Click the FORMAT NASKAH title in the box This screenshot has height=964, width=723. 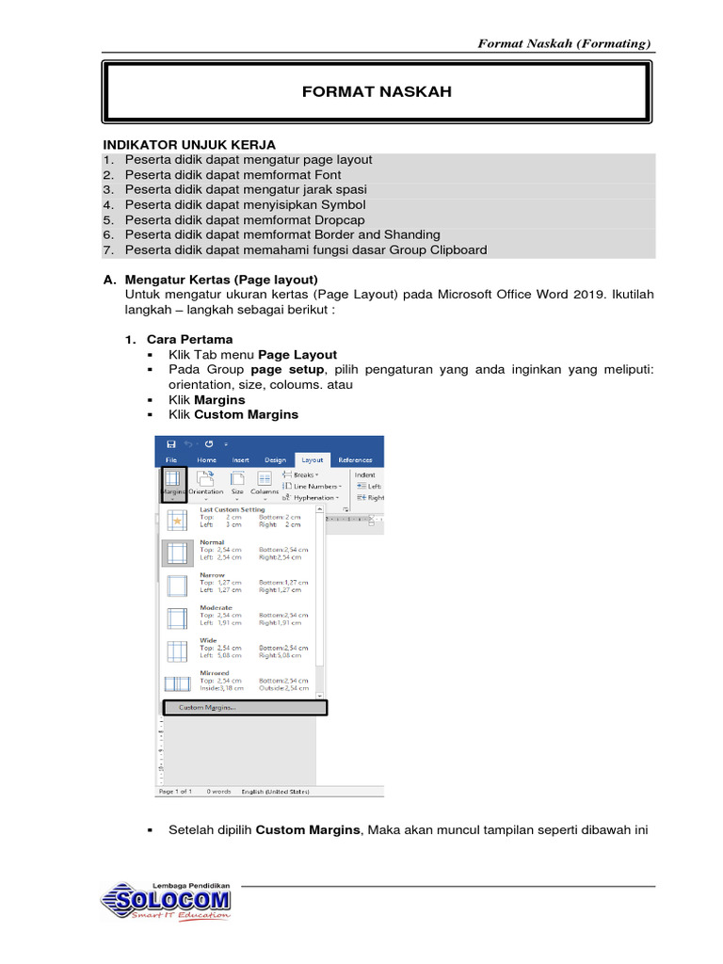pos(376,91)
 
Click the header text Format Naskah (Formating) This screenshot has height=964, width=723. pos(564,43)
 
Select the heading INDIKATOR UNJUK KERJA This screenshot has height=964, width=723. pos(188,144)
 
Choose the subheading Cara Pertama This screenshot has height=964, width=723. pos(189,339)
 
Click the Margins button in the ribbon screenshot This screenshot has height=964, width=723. pos(173,481)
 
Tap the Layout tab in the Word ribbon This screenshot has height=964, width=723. pos(311,459)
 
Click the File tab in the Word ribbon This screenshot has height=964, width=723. pos(171,459)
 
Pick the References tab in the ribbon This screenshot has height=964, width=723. pos(355,459)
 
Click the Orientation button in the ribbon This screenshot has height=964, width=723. pos(205,481)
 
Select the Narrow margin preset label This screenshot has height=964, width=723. pos(212,574)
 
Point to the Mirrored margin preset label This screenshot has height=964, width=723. pos(214,673)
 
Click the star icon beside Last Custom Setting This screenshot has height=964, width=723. pos(177,520)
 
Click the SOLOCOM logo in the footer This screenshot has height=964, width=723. pos(167,901)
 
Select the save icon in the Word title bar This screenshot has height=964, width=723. pos(171,443)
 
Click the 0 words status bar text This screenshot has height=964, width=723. pos(219,792)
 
